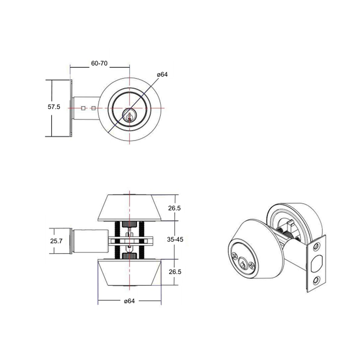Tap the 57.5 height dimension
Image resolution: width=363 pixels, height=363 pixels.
(54, 107)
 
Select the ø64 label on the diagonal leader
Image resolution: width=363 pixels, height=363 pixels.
(162, 74)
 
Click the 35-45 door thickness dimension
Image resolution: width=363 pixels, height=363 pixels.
(175, 239)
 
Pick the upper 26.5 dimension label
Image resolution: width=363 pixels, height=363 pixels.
(175, 208)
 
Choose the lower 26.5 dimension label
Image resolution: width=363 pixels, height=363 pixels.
(175, 272)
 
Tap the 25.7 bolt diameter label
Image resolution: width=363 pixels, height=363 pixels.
(56, 241)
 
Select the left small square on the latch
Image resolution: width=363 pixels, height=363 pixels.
(83, 108)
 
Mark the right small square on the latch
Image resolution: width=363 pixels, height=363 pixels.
(93, 108)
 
